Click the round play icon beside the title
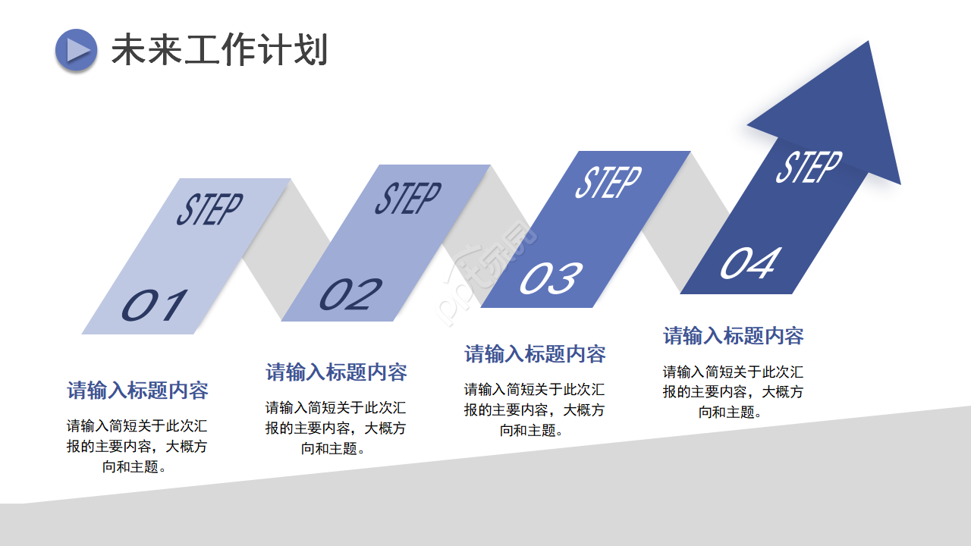point(76,50)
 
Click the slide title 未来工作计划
point(219,50)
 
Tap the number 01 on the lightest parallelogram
point(155,305)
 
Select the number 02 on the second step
point(350,294)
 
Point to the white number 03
point(551,278)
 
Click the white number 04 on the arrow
point(749,264)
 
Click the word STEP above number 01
point(209,209)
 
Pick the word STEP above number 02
point(407,198)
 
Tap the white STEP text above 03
point(608,182)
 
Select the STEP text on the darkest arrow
point(808,167)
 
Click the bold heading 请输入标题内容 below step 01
point(137,391)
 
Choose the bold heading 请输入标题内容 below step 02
point(336,372)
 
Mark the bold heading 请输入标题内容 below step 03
point(535,354)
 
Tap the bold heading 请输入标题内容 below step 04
point(734,336)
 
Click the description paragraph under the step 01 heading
point(137,446)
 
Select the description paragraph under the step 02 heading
point(336,428)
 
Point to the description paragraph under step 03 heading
point(535,409)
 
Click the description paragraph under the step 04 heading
point(734,391)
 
